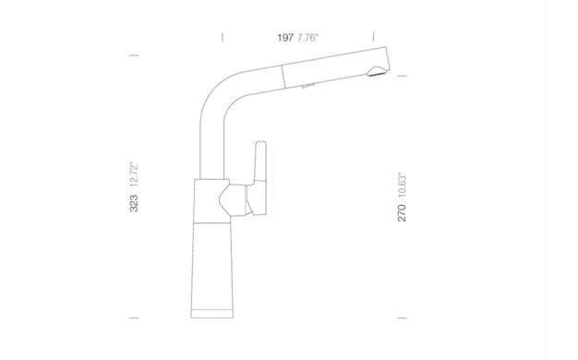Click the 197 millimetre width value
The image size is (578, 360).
(285, 38)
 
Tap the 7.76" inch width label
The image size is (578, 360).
(307, 38)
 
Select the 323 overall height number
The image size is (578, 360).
(134, 203)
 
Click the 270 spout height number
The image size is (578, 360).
(402, 213)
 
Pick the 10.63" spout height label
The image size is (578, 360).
(402, 186)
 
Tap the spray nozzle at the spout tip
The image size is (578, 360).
(376, 71)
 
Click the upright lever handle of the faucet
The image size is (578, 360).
(259, 162)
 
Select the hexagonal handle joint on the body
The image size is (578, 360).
(233, 200)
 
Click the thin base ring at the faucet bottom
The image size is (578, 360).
(212, 314)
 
